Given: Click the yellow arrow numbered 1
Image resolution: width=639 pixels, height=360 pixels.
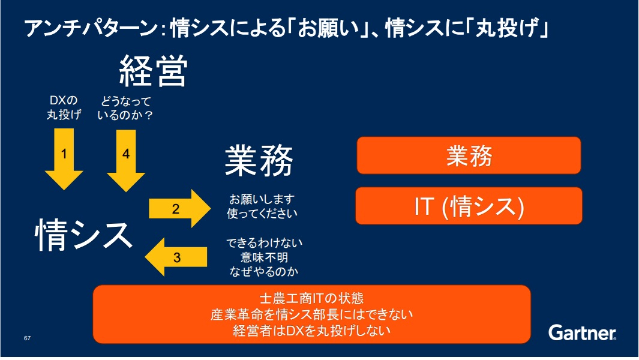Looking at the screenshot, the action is [64, 158].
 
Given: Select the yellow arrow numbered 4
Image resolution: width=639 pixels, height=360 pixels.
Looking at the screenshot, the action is [126, 160].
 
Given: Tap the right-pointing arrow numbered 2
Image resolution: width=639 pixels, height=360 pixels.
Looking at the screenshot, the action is [180, 208].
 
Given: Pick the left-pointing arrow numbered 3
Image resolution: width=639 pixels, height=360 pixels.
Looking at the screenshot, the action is [176, 257].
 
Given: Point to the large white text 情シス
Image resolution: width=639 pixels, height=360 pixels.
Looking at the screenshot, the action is [84, 235].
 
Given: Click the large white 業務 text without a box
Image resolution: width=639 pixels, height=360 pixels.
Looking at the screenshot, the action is [259, 160].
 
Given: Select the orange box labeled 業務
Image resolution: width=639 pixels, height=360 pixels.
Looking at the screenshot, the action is [469, 155].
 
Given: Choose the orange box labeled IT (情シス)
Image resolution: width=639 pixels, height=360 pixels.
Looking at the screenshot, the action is [469, 206].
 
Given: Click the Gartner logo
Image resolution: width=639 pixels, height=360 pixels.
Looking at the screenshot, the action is [583, 332].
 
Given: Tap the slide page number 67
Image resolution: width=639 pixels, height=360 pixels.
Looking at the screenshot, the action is [28, 338].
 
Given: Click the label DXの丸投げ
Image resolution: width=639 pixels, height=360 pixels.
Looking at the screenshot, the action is [64, 107].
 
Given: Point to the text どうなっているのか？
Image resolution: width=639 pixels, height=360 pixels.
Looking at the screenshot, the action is [125, 108].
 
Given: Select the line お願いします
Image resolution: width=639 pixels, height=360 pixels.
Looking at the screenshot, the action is [262, 199].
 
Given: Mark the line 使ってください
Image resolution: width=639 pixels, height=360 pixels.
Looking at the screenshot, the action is [262, 213].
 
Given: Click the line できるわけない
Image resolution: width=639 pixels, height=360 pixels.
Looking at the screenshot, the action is [264, 243].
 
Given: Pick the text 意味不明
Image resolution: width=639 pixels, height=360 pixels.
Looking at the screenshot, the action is [264, 257].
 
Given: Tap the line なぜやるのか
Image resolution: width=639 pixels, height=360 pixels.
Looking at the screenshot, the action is [264, 272].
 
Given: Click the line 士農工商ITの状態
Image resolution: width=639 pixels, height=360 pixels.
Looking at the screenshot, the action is [312, 298].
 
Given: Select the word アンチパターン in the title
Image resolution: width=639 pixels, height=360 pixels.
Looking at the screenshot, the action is [91, 29].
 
